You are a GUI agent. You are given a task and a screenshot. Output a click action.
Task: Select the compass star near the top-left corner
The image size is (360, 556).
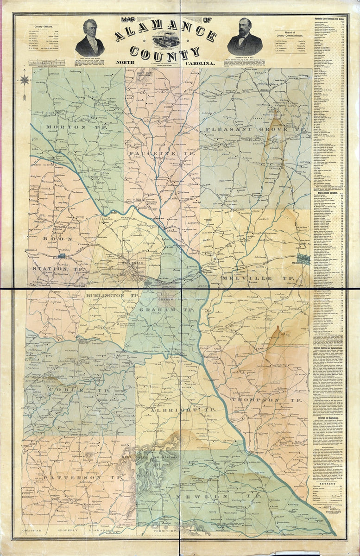pos(25,80)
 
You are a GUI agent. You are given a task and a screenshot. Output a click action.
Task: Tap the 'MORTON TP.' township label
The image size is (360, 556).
pos(66,126)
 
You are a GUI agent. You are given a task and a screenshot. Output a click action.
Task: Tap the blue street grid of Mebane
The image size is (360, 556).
pos(304,259)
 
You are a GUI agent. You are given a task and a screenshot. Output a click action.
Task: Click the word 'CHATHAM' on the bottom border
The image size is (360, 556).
pos(35,530)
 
